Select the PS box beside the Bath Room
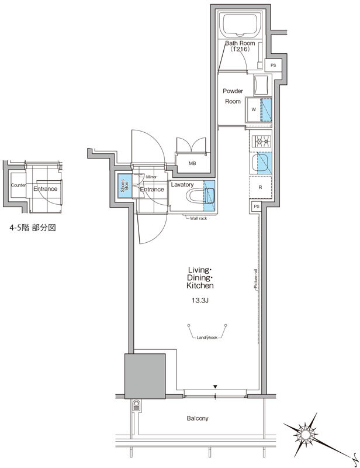[x=273, y=66]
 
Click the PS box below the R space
[x=256, y=207]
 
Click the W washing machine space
[x=253, y=109]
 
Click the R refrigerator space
[x=259, y=187]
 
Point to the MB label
[x=192, y=163]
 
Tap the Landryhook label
[x=207, y=338]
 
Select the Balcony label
[x=198, y=418]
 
